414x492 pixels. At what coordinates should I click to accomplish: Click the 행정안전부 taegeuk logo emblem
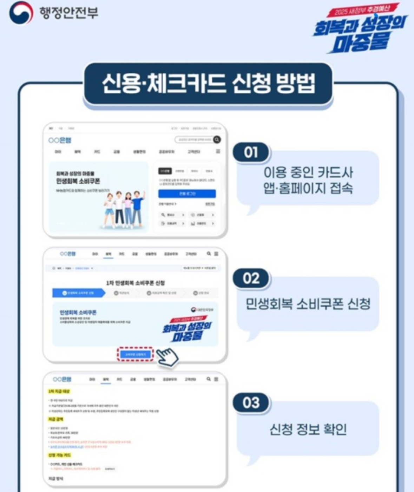click(21, 13)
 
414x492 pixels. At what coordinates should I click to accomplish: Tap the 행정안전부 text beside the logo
click(68, 13)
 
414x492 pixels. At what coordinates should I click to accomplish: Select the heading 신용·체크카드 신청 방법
click(208, 84)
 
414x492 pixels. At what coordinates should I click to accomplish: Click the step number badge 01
click(251, 152)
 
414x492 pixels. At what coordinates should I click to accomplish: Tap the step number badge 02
click(251, 278)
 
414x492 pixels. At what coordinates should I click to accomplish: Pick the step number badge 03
click(251, 403)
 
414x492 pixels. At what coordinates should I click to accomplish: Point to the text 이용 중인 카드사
click(308, 172)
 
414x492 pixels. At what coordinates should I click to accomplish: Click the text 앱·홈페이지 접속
click(308, 189)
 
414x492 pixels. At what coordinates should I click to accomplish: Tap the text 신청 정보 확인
click(308, 429)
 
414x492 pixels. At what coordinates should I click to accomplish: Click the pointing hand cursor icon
click(167, 357)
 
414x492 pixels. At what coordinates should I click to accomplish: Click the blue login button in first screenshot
click(187, 193)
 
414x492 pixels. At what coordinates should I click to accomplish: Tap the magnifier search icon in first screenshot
click(217, 140)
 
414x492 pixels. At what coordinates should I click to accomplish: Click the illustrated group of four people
click(124, 209)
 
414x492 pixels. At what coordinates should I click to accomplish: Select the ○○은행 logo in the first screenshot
click(60, 140)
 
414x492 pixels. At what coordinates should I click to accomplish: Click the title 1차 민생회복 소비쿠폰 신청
click(135, 283)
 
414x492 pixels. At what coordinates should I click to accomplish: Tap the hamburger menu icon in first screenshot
click(218, 151)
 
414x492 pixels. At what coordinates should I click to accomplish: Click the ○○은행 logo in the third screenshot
click(62, 379)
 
